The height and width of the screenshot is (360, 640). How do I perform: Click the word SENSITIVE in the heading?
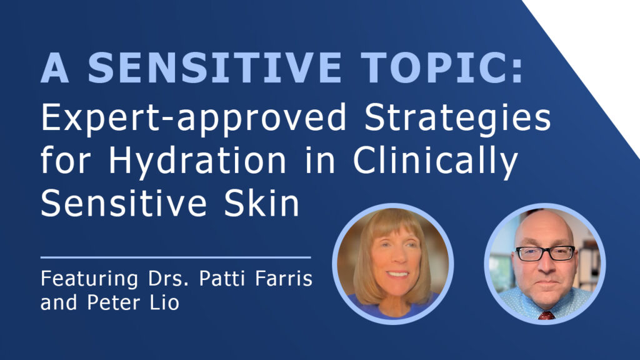(214, 67)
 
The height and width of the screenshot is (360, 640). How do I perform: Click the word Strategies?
(457, 118)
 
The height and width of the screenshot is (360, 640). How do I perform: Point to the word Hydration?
(197, 161)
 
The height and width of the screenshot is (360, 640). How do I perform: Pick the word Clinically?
(435, 161)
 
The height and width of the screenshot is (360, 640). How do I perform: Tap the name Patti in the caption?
(222, 278)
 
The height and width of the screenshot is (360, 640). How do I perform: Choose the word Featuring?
(89, 279)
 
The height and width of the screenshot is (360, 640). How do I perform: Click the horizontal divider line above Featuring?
(176, 257)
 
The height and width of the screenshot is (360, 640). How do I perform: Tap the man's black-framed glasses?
(545, 253)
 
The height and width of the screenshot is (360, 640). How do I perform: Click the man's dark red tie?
(546, 315)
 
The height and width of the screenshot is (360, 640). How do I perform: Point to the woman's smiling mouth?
(397, 274)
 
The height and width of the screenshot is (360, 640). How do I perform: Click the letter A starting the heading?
(54, 67)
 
